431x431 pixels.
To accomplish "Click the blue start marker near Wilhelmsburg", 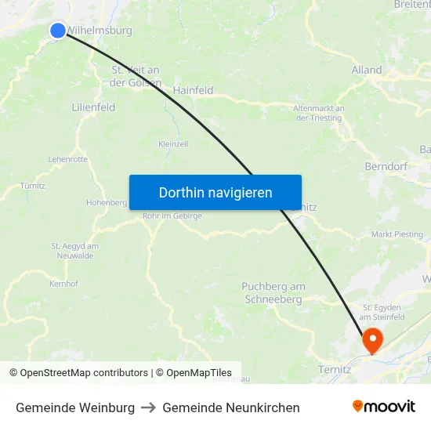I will tap(58, 31).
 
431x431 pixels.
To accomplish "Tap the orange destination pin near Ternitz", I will tap(371, 339).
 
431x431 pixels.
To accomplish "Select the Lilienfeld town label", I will tap(93, 107).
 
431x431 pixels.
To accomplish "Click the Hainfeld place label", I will tap(193, 90).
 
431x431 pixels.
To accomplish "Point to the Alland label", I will tap(367, 70).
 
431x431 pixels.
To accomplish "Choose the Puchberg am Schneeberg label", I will tap(273, 293).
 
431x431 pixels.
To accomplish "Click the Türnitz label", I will tap(34, 186).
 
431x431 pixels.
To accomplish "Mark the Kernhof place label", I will tap(63, 284).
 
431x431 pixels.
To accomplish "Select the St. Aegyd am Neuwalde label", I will tap(75, 250).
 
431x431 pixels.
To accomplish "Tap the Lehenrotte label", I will tap(67, 159).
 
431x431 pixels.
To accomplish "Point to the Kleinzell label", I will tap(173, 144).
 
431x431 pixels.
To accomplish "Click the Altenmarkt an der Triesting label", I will tap(318, 113).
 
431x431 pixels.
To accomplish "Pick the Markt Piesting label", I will tap(397, 234).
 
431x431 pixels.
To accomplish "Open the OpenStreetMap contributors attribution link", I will tap(84, 373).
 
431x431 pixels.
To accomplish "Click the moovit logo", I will tap(384, 406).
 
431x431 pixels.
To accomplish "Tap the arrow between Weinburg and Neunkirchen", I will tap(148, 407).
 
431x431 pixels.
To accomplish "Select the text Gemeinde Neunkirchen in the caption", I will tap(231, 407).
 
